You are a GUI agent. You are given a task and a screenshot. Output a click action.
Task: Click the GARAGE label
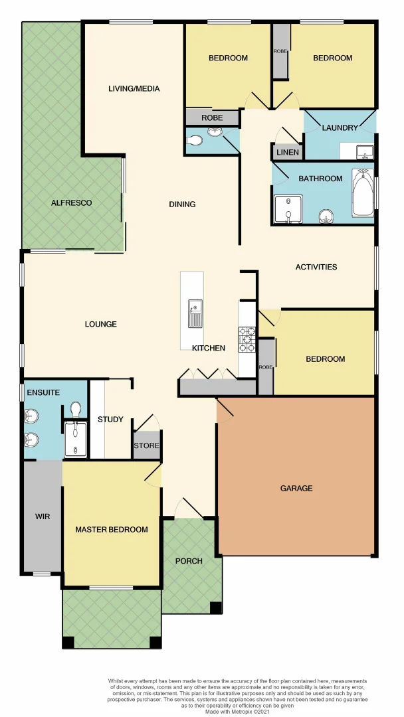click(x=296, y=488)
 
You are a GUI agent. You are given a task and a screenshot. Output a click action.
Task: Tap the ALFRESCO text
click(x=71, y=202)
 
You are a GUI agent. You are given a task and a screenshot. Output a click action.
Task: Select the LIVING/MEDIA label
click(x=134, y=88)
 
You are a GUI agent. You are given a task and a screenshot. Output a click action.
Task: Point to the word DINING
click(x=182, y=204)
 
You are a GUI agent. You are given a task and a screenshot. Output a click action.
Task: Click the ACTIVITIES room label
click(x=316, y=267)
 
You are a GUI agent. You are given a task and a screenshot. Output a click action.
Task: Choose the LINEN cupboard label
click(x=288, y=153)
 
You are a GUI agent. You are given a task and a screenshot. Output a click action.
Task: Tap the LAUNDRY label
click(x=340, y=127)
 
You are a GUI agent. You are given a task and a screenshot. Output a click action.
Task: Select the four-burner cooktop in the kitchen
click(x=247, y=339)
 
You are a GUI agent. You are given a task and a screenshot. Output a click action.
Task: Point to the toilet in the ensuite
click(x=76, y=408)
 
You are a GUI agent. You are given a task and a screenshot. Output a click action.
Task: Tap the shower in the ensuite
click(x=75, y=439)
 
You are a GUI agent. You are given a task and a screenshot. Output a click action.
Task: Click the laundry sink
click(x=364, y=152)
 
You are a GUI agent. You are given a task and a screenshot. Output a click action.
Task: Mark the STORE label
click(x=147, y=445)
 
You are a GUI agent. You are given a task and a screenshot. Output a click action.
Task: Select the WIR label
click(x=43, y=516)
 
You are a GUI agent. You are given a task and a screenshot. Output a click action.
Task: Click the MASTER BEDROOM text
click(x=111, y=529)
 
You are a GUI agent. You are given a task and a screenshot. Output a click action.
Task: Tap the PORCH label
click(x=189, y=561)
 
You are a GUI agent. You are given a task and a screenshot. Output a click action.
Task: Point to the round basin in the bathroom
click(x=326, y=215)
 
